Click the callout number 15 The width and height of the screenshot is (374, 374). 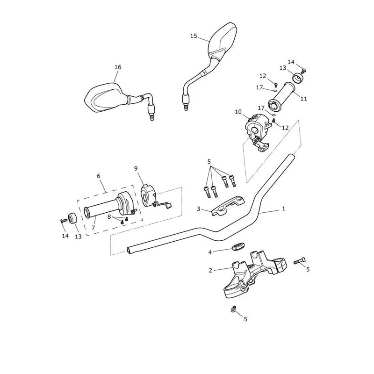point(194,36)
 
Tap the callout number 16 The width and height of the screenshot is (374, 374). point(118,67)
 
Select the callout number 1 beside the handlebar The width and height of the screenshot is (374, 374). point(284,209)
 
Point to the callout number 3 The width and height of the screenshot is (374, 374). point(198,209)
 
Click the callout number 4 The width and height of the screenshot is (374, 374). point(210,252)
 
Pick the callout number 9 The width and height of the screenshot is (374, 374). point(136,169)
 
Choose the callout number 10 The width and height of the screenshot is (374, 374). point(238,112)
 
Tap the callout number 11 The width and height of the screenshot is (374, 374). point(303,99)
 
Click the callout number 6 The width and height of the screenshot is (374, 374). point(99,176)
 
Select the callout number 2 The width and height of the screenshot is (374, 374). point(210,271)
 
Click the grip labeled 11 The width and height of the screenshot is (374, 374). point(282,98)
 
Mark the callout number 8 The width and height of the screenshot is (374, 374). point(109,217)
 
